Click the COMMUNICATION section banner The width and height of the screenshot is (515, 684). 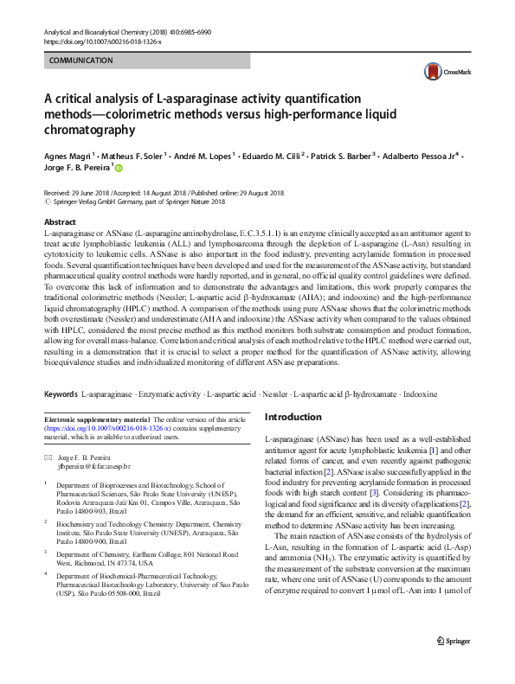tap(81, 61)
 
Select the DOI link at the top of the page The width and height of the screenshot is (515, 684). tap(101, 42)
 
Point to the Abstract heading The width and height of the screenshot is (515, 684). tap(60, 222)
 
